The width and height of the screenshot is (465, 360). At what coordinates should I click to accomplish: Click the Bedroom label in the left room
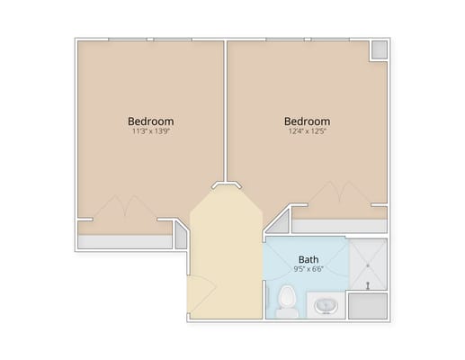pyautogui.click(x=150, y=121)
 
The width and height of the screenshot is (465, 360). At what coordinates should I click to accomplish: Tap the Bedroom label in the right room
pyautogui.click(x=307, y=121)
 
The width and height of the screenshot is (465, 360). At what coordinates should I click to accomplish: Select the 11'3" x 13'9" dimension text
pyautogui.click(x=151, y=131)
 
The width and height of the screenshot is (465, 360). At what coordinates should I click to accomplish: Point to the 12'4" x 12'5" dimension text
pyautogui.click(x=307, y=131)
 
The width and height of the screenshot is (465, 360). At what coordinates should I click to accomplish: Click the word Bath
pyautogui.click(x=309, y=259)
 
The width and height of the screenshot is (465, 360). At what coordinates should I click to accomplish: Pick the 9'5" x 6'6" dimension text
pyautogui.click(x=309, y=269)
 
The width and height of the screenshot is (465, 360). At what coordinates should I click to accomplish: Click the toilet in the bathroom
pyautogui.click(x=287, y=301)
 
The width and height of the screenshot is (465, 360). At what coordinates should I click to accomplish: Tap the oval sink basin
pyautogui.click(x=326, y=306)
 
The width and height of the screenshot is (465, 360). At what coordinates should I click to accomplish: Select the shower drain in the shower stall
pyautogui.click(x=368, y=265)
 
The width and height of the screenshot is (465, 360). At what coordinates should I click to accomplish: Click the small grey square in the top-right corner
pyautogui.click(x=380, y=49)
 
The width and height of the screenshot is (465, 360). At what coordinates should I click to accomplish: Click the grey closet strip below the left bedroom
pyautogui.click(x=125, y=241)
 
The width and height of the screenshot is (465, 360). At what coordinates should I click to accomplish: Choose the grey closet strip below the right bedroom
pyautogui.click(x=339, y=226)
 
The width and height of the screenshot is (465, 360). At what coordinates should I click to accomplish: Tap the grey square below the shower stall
pyautogui.click(x=368, y=306)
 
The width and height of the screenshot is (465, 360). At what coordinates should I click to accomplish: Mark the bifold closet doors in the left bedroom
pyautogui.click(x=125, y=206)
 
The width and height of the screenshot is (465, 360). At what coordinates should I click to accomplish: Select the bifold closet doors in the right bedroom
pyautogui.click(x=340, y=193)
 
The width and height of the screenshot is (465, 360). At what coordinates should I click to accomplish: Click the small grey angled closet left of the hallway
pyautogui.click(x=181, y=236)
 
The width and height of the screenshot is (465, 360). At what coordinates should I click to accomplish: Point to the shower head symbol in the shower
pyautogui.click(x=368, y=285)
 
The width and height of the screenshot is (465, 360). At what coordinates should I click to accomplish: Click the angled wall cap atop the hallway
pyautogui.click(x=227, y=184)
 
